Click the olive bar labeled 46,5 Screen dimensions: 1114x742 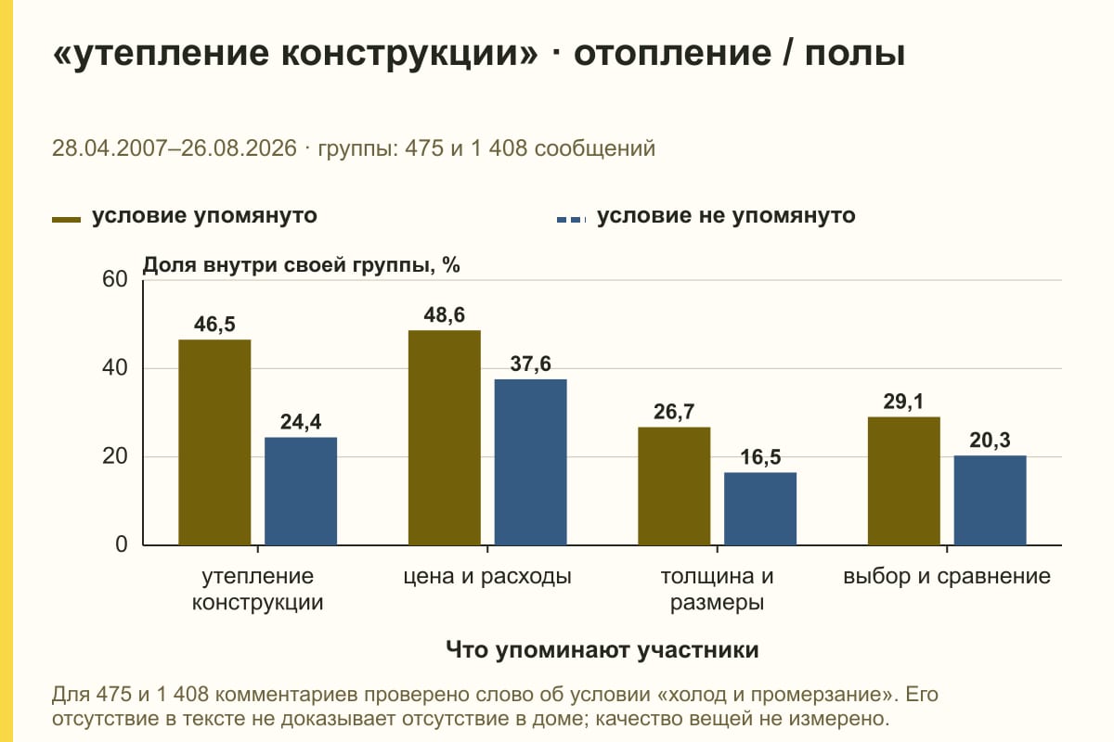[214, 442]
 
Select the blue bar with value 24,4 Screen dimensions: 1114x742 [301, 491]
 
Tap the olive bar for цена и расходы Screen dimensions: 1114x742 [444, 438]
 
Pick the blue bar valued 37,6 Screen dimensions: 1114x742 [530, 462]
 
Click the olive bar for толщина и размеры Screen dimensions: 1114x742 [674, 486]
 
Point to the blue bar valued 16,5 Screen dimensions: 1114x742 [760, 509]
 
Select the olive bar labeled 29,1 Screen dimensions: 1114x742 [903, 481]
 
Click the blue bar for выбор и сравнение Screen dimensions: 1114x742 [990, 501]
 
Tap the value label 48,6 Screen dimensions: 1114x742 [444, 315]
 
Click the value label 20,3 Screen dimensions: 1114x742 [990, 441]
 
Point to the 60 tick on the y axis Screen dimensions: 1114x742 [115, 279]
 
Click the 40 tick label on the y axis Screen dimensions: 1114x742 [115, 368]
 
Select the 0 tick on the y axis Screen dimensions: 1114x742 [122, 544]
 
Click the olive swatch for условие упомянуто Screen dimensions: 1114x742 [66, 220]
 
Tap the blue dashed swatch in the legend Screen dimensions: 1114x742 [572, 220]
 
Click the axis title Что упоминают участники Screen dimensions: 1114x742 [602, 649]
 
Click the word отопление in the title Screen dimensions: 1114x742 [672, 54]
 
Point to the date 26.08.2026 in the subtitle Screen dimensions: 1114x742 [239, 148]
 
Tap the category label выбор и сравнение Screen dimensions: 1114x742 [947, 577]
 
